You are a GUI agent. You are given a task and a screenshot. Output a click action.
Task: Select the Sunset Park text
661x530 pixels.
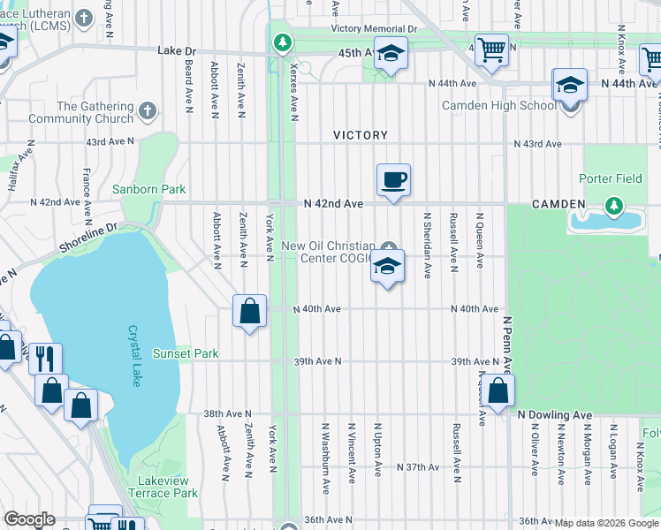pos(185,353)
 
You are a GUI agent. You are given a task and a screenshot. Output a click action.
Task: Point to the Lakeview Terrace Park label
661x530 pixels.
pos(163,487)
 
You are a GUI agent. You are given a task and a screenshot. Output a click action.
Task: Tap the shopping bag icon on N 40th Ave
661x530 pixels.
pos(250,311)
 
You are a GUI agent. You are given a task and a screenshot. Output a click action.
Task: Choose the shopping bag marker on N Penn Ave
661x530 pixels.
pos(498,390)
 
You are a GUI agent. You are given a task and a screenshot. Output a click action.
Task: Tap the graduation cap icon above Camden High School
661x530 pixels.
pos(570,87)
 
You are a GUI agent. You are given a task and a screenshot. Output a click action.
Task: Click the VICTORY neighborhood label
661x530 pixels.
pos(361,135)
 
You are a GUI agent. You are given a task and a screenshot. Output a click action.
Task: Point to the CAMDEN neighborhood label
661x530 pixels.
pos(558,204)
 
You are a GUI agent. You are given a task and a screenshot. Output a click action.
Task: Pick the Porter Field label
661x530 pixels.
pos(610,178)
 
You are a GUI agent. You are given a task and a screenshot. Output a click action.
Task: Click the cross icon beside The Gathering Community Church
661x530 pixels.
pos(147,111)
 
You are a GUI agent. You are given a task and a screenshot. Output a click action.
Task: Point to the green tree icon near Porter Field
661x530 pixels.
pos(613,207)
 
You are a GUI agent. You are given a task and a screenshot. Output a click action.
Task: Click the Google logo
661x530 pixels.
pos(30,519)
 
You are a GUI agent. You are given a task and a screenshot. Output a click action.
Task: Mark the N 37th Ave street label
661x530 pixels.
pos(418,466)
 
